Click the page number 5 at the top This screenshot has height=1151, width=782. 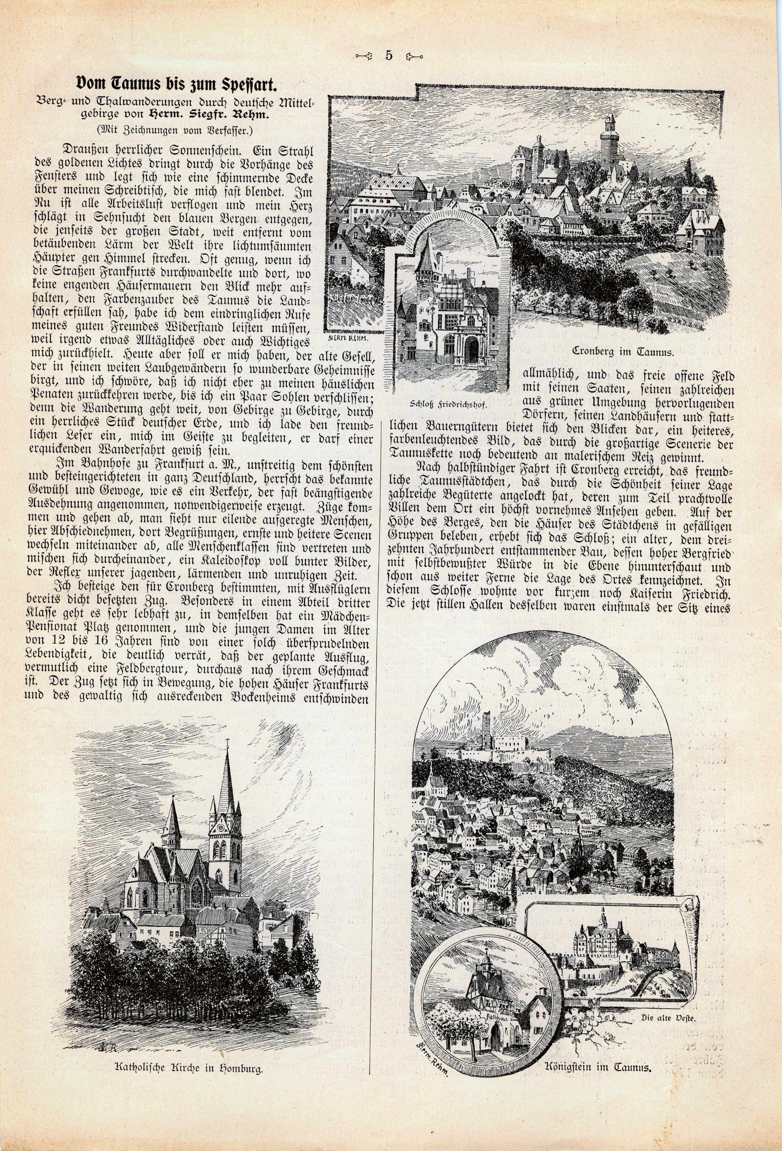pos(388,56)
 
